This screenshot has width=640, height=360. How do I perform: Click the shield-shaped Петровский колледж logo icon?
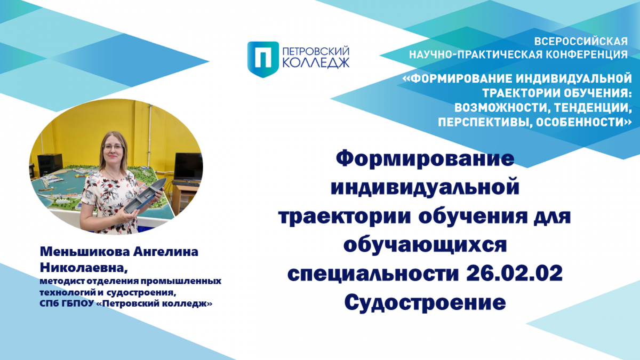tap(263, 59)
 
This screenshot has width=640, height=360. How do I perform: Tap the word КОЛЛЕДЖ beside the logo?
tap(316, 62)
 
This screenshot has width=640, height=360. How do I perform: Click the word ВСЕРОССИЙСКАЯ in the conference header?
tap(581, 42)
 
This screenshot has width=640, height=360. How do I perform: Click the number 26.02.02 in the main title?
tap(514, 273)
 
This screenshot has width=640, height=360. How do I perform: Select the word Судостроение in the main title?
tap(425, 302)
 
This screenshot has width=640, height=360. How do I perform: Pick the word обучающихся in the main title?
tap(425, 245)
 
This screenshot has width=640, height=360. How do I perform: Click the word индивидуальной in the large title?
tap(425, 187)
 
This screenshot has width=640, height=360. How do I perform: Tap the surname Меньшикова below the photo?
tap(85, 252)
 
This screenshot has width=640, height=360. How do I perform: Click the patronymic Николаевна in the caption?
tap(83, 268)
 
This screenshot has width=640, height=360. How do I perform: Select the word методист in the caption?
tap(62, 281)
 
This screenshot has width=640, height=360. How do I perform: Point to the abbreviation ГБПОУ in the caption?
tap(78, 303)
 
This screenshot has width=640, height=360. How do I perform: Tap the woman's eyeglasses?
tap(113, 147)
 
